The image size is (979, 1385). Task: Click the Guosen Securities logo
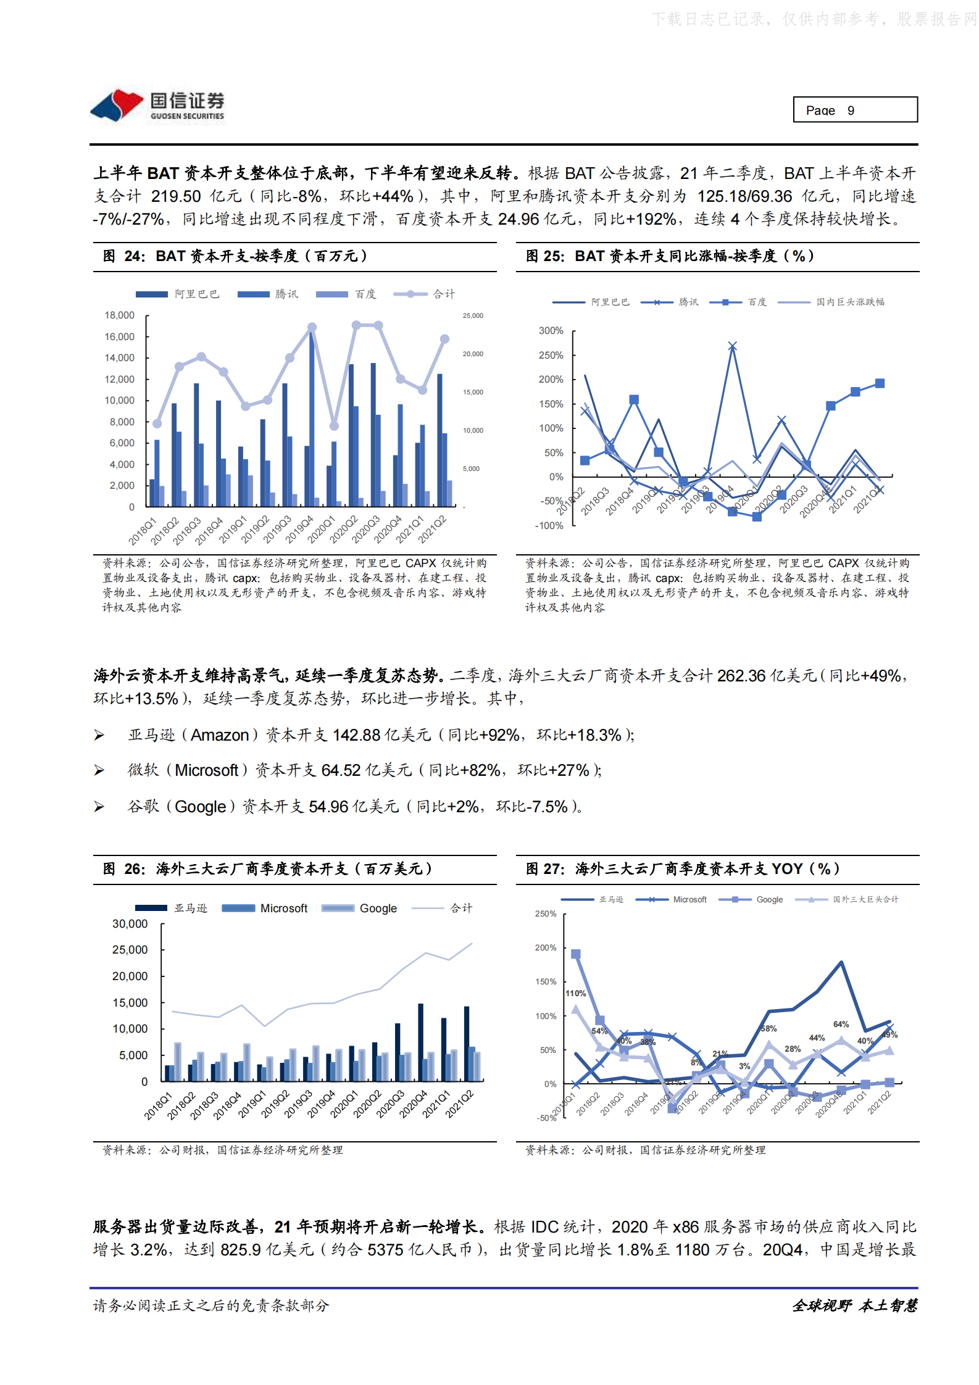point(158,106)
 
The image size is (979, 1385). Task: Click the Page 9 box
point(854,110)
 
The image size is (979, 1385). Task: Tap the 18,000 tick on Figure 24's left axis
point(119,315)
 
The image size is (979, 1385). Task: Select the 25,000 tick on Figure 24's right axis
point(473,316)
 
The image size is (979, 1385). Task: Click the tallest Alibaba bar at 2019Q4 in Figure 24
point(312,420)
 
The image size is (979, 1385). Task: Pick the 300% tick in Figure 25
point(551,331)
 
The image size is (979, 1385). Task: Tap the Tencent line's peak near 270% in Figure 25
point(732,346)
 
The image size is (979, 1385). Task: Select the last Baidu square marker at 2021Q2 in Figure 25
point(880,383)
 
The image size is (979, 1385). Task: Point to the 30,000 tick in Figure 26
point(130,924)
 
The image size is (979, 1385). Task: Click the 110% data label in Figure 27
point(575,993)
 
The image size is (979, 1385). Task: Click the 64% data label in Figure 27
point(841,1024)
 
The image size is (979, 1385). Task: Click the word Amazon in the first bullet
point(219,735)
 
